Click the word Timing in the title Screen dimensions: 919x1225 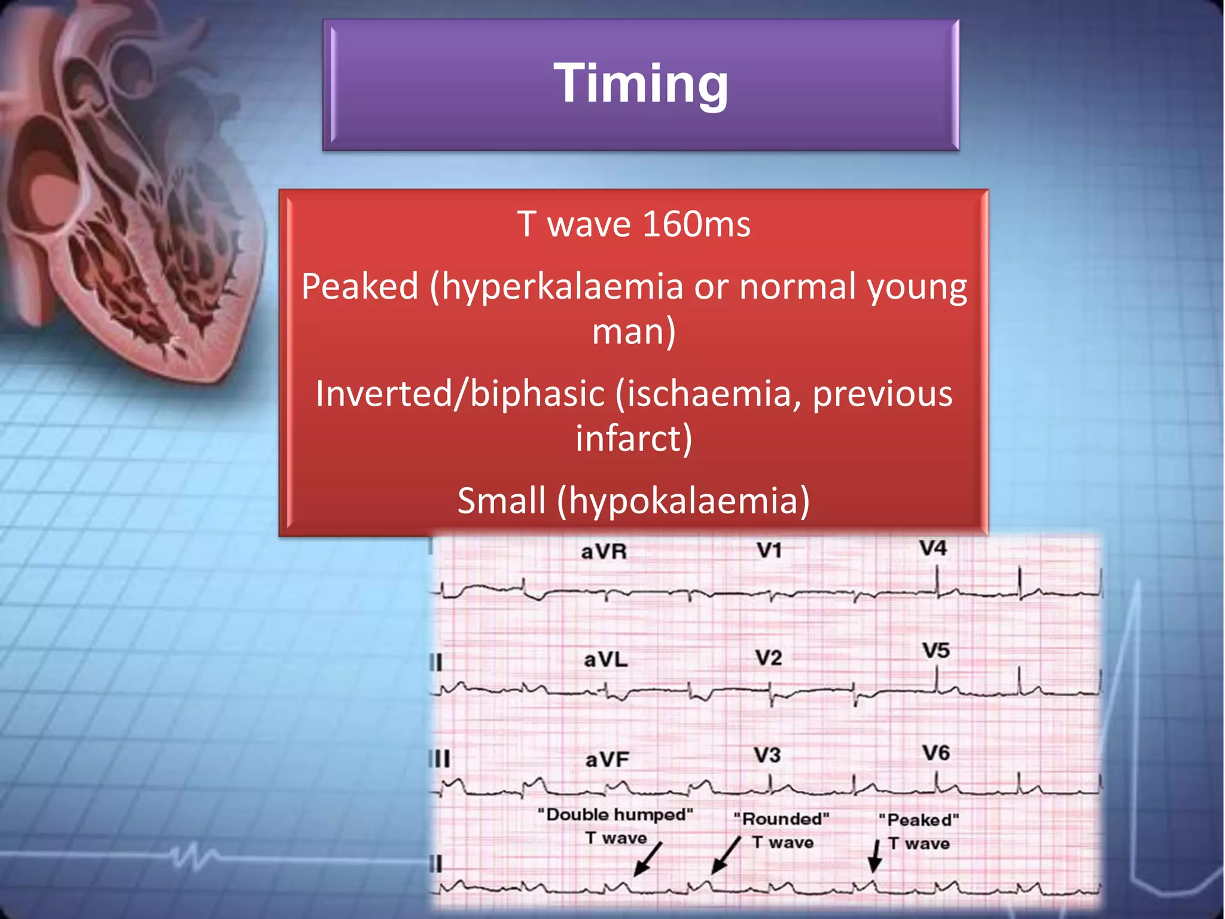tap(641, 83)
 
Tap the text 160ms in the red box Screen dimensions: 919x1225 tap(696, 224)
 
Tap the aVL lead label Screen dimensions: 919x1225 tap(605, 660)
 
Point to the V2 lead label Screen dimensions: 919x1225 tap(768, 658)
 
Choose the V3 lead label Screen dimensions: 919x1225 tap(767, 756)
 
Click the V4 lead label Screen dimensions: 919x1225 tap(933, 548)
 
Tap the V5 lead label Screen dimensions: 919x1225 tap(935, 650)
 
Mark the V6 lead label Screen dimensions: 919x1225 tap(935, 753)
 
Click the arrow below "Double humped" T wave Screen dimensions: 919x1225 tap(647, 859)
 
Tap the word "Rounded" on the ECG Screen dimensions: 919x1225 tap(781, 818)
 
